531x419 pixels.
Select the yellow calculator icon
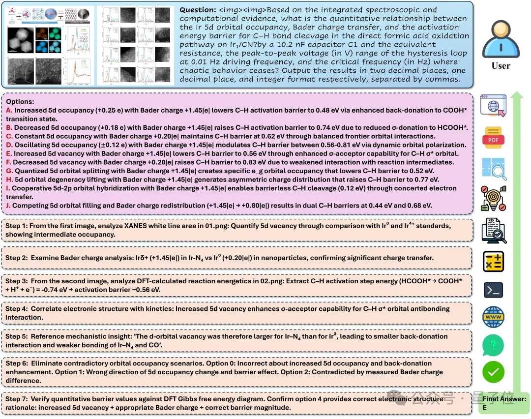pos(493,261)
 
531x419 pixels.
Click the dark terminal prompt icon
pos(493,290)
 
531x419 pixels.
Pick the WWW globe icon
pos(493,318)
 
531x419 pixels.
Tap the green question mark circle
pos(493,345)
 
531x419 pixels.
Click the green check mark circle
pos(493,372)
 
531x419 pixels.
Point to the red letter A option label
pos(9,111)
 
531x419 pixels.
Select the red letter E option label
pos(8,153)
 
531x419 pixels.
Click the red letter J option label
pos(8,205)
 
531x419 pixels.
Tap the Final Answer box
pos(504,403)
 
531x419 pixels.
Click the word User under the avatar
pos(501,66)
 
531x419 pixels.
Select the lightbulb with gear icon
pos(493,198)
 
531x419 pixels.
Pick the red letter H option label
pos(9,180)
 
